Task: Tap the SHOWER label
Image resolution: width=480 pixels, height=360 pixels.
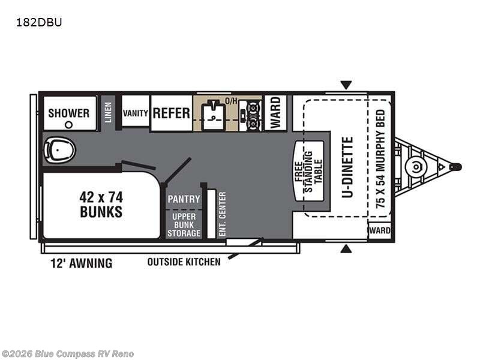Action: tap(69, 113)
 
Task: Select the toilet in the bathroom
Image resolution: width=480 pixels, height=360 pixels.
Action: tap(59, 149)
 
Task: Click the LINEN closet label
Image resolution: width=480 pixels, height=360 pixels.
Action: tap(108, 113)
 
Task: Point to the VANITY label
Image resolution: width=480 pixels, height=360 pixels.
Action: tap(136, 113)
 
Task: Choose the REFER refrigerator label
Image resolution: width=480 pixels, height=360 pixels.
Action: tap(172, 113)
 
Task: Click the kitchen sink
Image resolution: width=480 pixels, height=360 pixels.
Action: tap(214, 113)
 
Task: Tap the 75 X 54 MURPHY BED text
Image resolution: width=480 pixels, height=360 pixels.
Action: tap(380, 160)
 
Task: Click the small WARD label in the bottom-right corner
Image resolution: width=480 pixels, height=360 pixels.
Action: tap(380, 230)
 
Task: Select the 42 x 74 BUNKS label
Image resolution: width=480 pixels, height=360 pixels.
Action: tap(101, 204)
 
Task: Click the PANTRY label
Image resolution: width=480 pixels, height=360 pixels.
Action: tap(184, 199)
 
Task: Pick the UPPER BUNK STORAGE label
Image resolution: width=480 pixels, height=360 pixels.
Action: tap(184, 224)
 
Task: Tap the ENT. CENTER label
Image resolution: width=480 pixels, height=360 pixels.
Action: tap(222, 213)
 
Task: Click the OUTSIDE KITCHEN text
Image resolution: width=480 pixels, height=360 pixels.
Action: tap(184, 262)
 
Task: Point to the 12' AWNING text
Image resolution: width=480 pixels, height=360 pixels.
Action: tap(77, 263)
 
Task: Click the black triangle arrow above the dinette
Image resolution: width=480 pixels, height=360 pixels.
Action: tap(346, 85)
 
